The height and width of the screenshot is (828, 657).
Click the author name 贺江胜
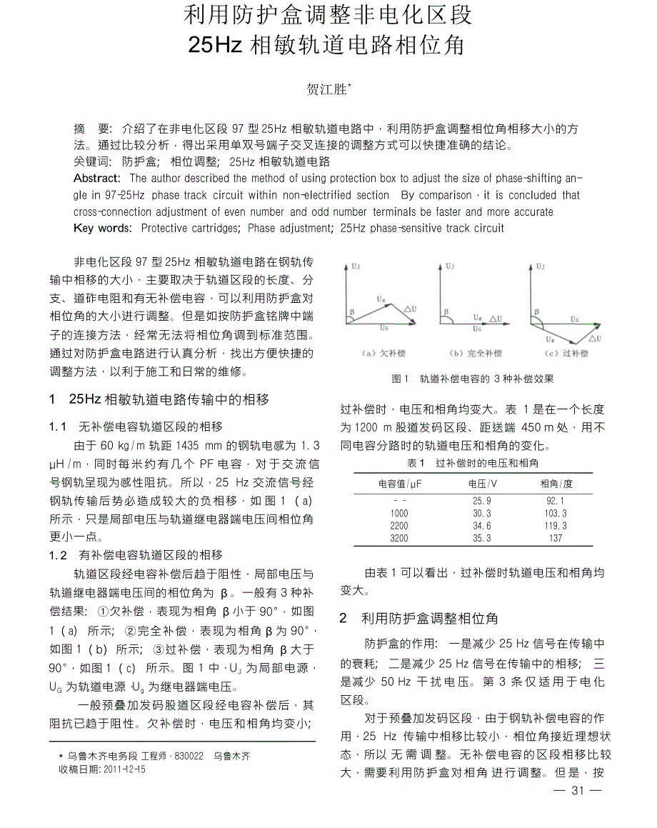[x=326, y=89]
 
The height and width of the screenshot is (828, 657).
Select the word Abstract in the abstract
[x=97, y=178]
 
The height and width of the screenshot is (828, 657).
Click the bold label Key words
[x=103, y=228]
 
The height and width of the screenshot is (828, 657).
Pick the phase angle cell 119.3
[x=555, y=526]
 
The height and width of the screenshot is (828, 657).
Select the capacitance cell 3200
[x=399, y=538]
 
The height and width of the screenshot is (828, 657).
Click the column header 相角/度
[x=556, y=484]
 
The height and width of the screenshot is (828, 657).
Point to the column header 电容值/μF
[x=400, y=484]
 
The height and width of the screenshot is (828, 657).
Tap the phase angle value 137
[x=556, y=538]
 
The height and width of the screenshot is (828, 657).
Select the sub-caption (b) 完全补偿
[x=475, y=353]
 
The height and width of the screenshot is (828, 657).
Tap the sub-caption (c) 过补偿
[x=566, y=353]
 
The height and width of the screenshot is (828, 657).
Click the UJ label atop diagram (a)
[x=356, y=266]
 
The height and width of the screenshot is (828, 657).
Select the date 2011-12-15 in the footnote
[x=124, y=769]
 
